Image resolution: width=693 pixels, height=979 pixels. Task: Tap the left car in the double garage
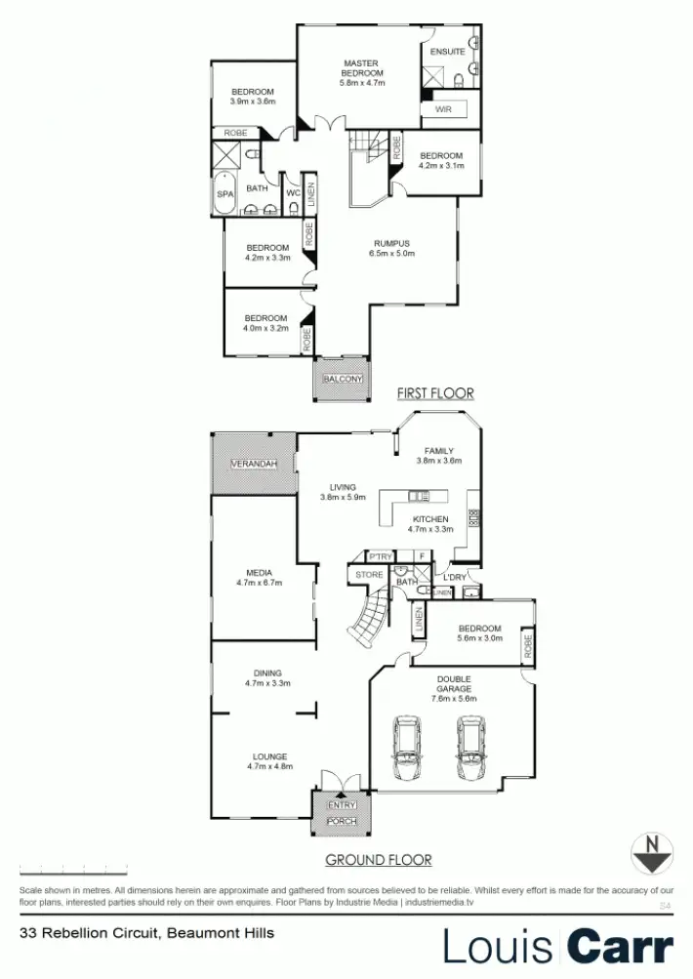pos(407,749)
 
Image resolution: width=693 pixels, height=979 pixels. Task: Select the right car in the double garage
pos(472,749)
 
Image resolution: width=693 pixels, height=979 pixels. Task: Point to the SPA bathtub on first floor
pos(225,193)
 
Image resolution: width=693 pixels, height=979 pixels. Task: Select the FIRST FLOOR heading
pos(434,393)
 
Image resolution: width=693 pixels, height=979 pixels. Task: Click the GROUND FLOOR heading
pos(378,860)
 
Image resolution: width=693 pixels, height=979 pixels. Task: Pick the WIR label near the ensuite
pos(442,109)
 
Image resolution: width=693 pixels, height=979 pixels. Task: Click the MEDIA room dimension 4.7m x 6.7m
pos(259,583)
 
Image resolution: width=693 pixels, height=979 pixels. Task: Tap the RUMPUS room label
pos(391,243)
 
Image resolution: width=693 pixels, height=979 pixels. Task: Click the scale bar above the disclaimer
pos(73,869)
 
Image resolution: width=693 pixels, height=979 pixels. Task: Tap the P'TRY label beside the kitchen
pos(380,556)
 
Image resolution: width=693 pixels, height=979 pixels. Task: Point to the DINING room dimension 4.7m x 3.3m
pos(267,683)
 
